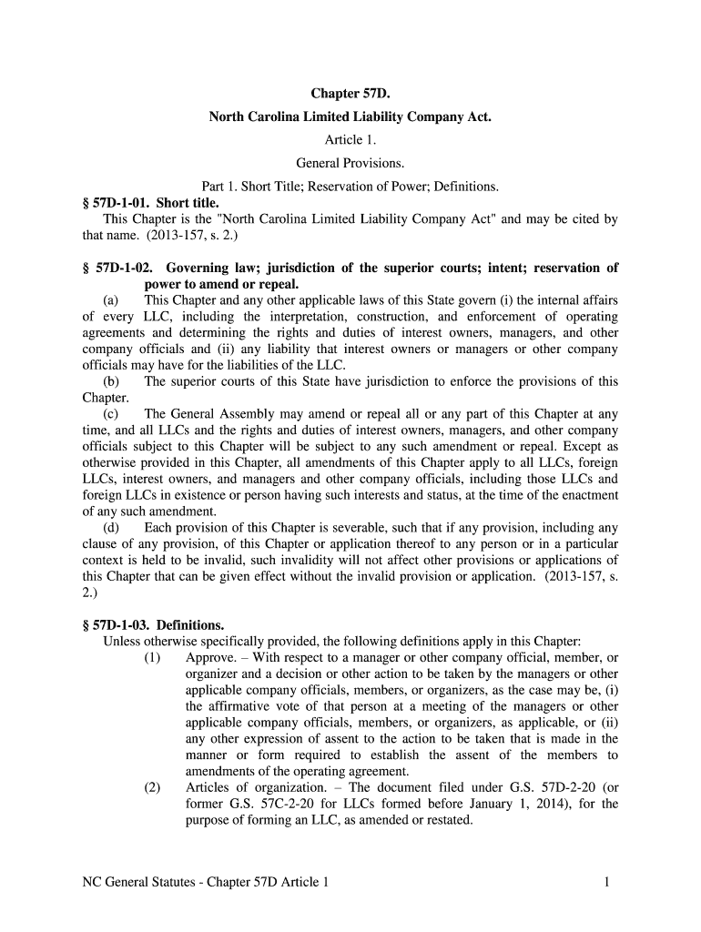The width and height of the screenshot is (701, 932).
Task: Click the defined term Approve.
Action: pyautogui.click(x=213, y=658)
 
